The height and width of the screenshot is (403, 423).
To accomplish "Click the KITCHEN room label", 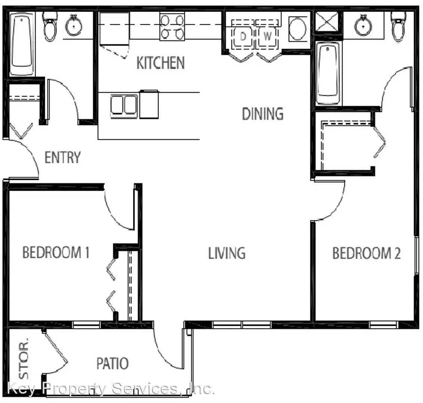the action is click(161, 63).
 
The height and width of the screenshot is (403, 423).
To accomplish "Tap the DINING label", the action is click(263, 114).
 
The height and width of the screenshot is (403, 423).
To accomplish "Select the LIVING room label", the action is click(227, 253).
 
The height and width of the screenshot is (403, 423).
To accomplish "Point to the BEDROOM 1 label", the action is click(56, 252).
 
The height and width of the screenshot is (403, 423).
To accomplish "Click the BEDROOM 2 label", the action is click(366, 253).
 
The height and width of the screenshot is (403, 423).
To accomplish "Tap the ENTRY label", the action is click(62, 157).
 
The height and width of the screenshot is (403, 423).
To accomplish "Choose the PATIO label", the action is click(112, 363).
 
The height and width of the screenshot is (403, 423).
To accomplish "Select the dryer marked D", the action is click(243, 36).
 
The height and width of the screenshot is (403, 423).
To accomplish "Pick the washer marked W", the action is click(267, 36).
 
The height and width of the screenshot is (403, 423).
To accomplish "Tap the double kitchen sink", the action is click(124, 106).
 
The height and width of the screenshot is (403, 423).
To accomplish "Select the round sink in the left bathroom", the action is click(74, 26).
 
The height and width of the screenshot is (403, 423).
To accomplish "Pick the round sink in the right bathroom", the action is click(363, 26).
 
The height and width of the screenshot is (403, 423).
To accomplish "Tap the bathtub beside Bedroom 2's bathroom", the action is click(328, 73).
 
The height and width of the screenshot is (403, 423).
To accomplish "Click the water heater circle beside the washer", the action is click(297, 29).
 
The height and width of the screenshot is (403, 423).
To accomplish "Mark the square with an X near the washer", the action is click(327, 22).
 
